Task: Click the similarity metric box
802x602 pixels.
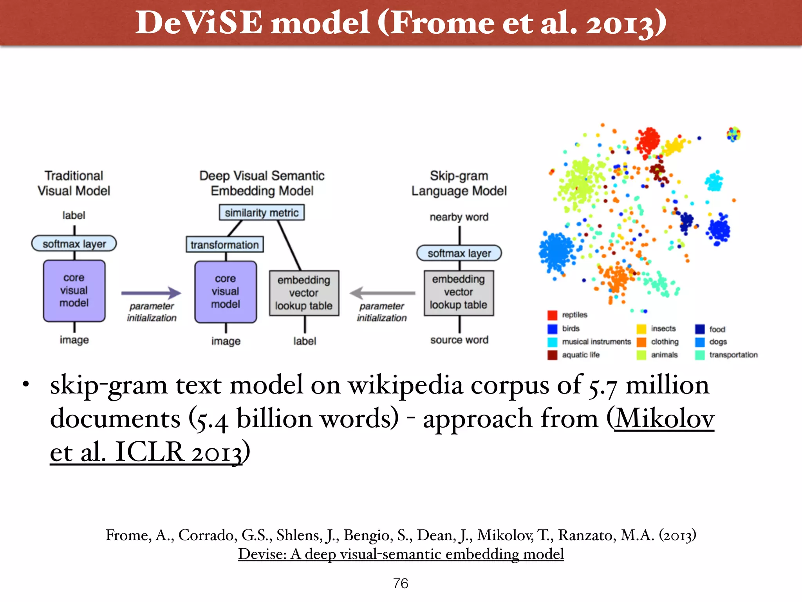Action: pyautogui.click(x=262, y=212)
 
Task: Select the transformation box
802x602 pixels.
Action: pyautogui.click(x=224, y=245)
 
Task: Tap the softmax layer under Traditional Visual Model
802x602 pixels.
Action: pyautogui.click(x=74, y=244)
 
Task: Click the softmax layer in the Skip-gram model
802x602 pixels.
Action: pyautogui.click(x=459, y=253)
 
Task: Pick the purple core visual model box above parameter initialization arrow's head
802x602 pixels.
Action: pyautogui.click(x=226, y=292)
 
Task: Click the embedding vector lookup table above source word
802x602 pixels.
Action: pyautogui.click(x=459, y=292)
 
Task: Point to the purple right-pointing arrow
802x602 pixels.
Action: pyautogui.click(x=151, y=293)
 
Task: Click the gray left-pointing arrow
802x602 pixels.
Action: pyautogui.click(x=382, y=293)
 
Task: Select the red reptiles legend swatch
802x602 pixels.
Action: pyautogui.click(x=552, y=315)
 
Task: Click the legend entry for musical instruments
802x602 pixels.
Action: pyautogui.click(x=596, y=342)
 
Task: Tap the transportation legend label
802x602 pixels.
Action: pyautogui.click(x=733, y=355)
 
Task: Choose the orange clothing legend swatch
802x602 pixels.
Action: pyautogui.click(x=641, y=342)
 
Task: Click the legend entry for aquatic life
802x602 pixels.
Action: pyautogui.click(x=580, y=355)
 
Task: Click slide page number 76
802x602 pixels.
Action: pyautogui.click(x=401, y=584)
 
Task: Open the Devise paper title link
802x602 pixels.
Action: pyautogui.click(x=401, y=554)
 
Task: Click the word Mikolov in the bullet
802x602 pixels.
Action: pyautogui.click(x=665, y=419)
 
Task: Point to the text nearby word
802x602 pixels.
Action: pyautogui.click(x=459, y=217)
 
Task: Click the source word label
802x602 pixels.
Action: pyautogui.click(x=459, y=340)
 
